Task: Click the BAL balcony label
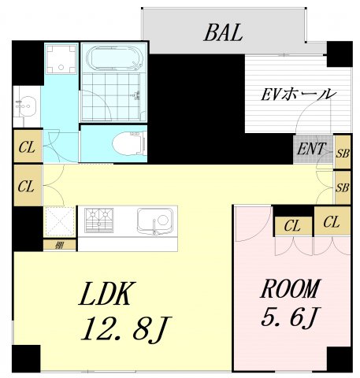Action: [221, 33]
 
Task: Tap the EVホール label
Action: [299, 94]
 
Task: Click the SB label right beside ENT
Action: [342, 152]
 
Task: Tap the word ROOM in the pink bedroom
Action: [291, 288]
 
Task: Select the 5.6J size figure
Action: [290, 317]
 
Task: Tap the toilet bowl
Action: [127, 144]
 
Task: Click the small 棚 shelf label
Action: [60, 246]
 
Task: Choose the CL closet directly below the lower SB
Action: [332, 222]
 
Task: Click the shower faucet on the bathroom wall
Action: [139, 95]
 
